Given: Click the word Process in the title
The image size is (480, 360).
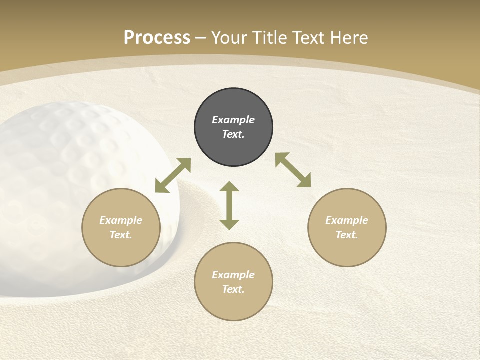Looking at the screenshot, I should pos(157,38).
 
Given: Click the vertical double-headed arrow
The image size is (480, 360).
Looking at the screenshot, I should pos(229,205).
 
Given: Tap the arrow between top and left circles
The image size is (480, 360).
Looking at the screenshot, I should pos(173,175).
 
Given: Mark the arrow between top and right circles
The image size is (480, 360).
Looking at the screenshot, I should pos(293,170).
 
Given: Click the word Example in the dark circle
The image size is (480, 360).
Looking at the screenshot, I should pos(233,120).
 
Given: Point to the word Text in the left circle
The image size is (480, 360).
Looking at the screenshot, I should pos(120,235).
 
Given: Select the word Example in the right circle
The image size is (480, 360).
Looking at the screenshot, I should pos(347,220).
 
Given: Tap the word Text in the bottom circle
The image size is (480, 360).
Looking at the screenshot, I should pos(233,289).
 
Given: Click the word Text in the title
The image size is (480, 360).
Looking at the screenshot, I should pos(313,38).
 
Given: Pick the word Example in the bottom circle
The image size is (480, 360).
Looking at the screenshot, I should pos(233,275).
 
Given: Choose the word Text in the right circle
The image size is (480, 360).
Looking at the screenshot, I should pos(346,235).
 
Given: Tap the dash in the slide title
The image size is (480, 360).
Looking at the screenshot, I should pos(201,38).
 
